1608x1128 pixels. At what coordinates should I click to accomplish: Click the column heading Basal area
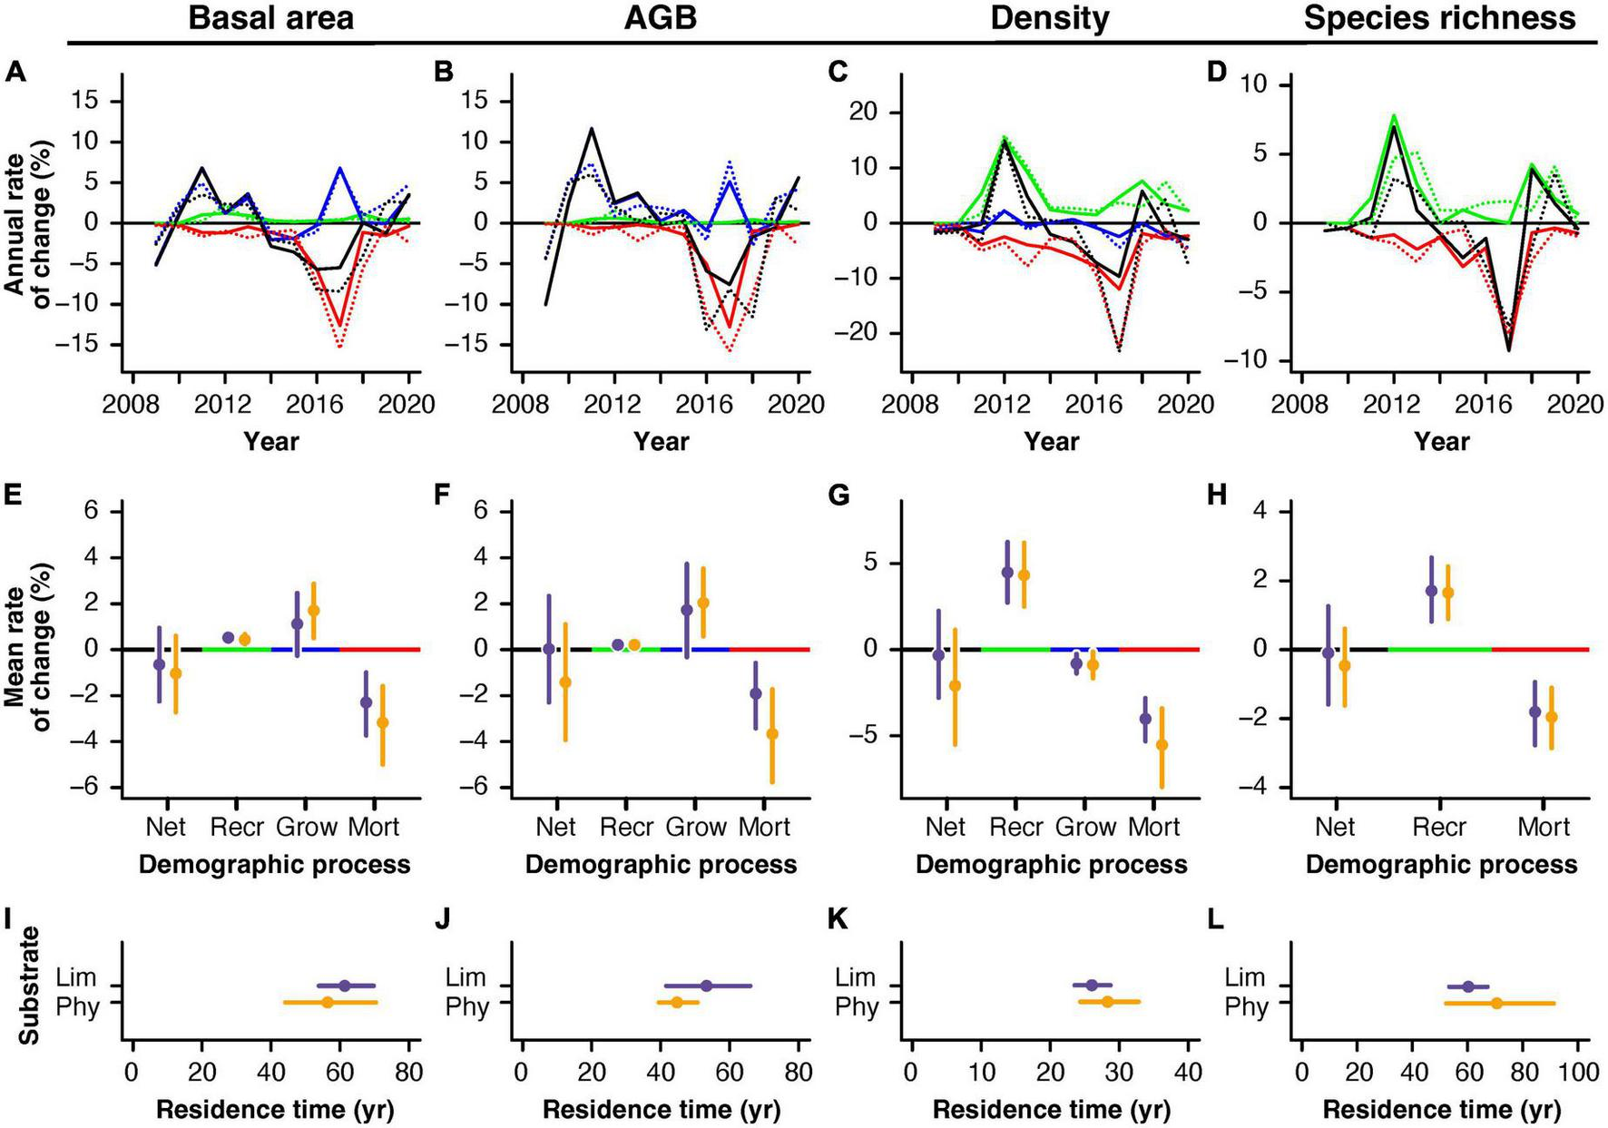point(270,18)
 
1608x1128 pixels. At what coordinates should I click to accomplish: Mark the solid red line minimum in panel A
point(340,325)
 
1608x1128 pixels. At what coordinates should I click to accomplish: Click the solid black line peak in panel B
point(592,129)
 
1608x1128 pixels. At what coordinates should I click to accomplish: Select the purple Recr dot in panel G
point(1007,573)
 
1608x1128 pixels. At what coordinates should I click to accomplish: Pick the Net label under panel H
point(1335,827)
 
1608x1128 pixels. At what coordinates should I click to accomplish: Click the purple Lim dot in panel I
point(345,986)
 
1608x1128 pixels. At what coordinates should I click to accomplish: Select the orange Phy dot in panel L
point(1496,1003)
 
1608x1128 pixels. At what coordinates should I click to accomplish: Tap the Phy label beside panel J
point(466,1006)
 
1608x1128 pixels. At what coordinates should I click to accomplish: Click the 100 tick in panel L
point(1579,1072)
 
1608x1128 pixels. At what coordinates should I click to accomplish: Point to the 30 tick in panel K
point(1119,1072)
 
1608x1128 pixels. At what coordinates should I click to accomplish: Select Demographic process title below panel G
point(1051,865)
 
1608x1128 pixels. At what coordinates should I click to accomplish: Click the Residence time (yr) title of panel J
point(661,1110)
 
